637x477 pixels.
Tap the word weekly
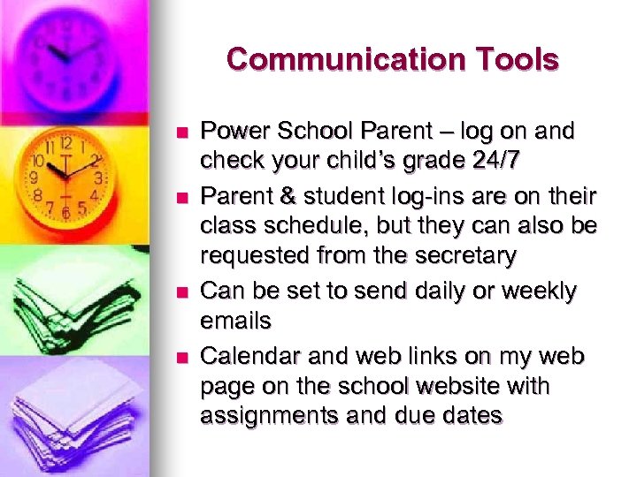point(544,291)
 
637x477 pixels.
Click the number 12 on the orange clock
point(65,143)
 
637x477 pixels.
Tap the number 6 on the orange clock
point(65,213)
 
